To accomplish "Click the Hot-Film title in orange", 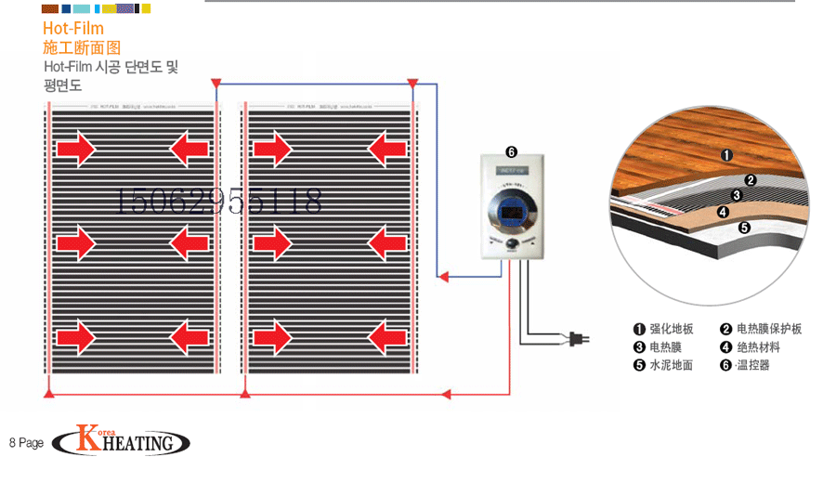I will pos(73,29).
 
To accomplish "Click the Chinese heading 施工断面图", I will pos(82,47).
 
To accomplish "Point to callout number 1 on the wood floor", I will pos(727,156).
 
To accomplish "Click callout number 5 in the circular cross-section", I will pos(744,227).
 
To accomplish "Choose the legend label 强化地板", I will pos(671,329).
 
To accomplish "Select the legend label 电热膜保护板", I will pos(768,329).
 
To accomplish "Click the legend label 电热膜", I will pos(665,347).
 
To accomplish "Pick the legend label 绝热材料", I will pos(758,347).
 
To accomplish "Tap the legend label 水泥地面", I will pos(671,365).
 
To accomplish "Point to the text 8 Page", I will pos(27,443).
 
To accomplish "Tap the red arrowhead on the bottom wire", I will pos(447,395).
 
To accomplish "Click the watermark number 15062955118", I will pos(218,200).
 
